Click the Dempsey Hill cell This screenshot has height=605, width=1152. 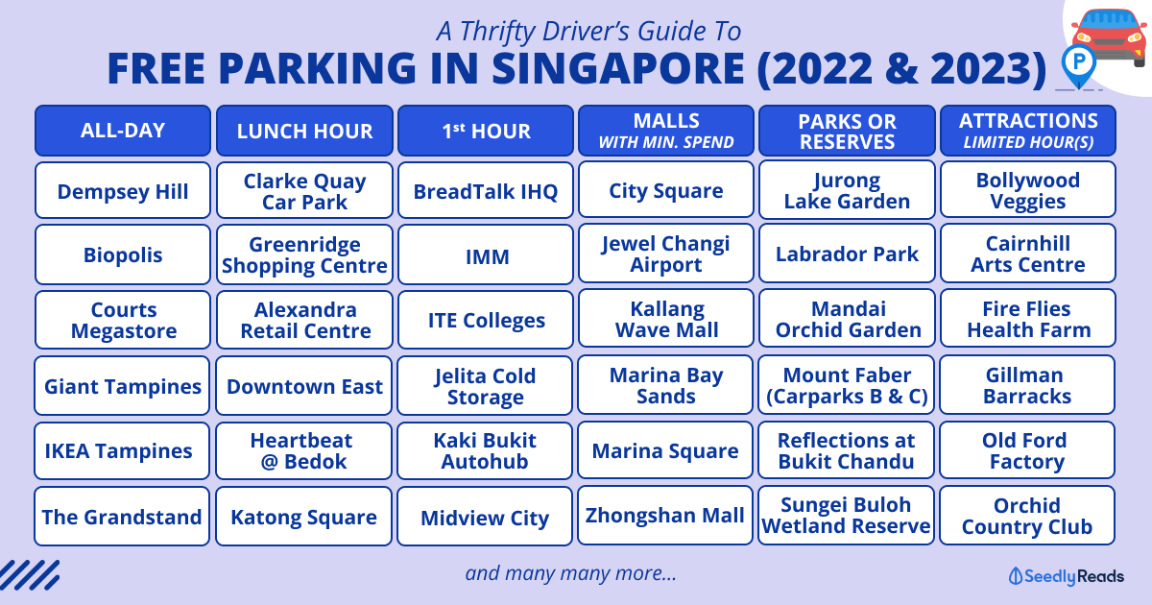(123, 191)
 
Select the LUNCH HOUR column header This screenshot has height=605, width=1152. (304, 131)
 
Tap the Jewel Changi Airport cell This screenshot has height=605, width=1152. (666, 254)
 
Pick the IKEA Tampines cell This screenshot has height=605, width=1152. (122, 450)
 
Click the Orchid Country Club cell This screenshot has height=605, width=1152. (1027, 516)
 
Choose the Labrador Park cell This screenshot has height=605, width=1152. (847, 254)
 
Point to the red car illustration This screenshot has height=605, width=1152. (1110, 37)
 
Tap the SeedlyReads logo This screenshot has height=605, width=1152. (1067, 576)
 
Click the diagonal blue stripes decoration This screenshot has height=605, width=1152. (30, 574)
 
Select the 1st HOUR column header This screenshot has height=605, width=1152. (486, 131)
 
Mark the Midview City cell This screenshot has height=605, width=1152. (485, 517)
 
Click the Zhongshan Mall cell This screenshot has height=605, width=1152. (665, 516)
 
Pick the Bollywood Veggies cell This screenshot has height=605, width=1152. (1028, 190)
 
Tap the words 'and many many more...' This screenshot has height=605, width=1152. (570, 573)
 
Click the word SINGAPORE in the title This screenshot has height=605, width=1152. (617, 68)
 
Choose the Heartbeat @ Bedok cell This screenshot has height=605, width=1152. (303, 450)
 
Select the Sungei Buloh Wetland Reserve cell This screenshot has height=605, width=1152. (846, 516)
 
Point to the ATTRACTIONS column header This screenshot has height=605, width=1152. (1028, 131)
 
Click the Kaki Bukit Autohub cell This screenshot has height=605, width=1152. (485, 450)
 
